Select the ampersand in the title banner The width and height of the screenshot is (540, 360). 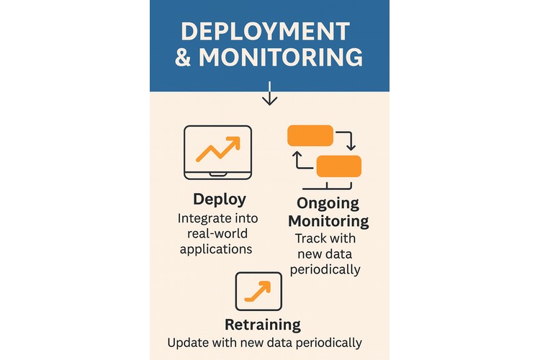[184, 58]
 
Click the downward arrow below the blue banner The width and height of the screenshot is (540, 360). [269, 94]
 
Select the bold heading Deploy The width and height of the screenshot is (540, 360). [219, 199]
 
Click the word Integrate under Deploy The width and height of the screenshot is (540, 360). [204, 218]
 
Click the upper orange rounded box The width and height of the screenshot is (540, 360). [310, 135]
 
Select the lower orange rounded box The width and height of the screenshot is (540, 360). [338, 166]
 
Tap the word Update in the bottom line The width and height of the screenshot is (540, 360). [185, 343]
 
